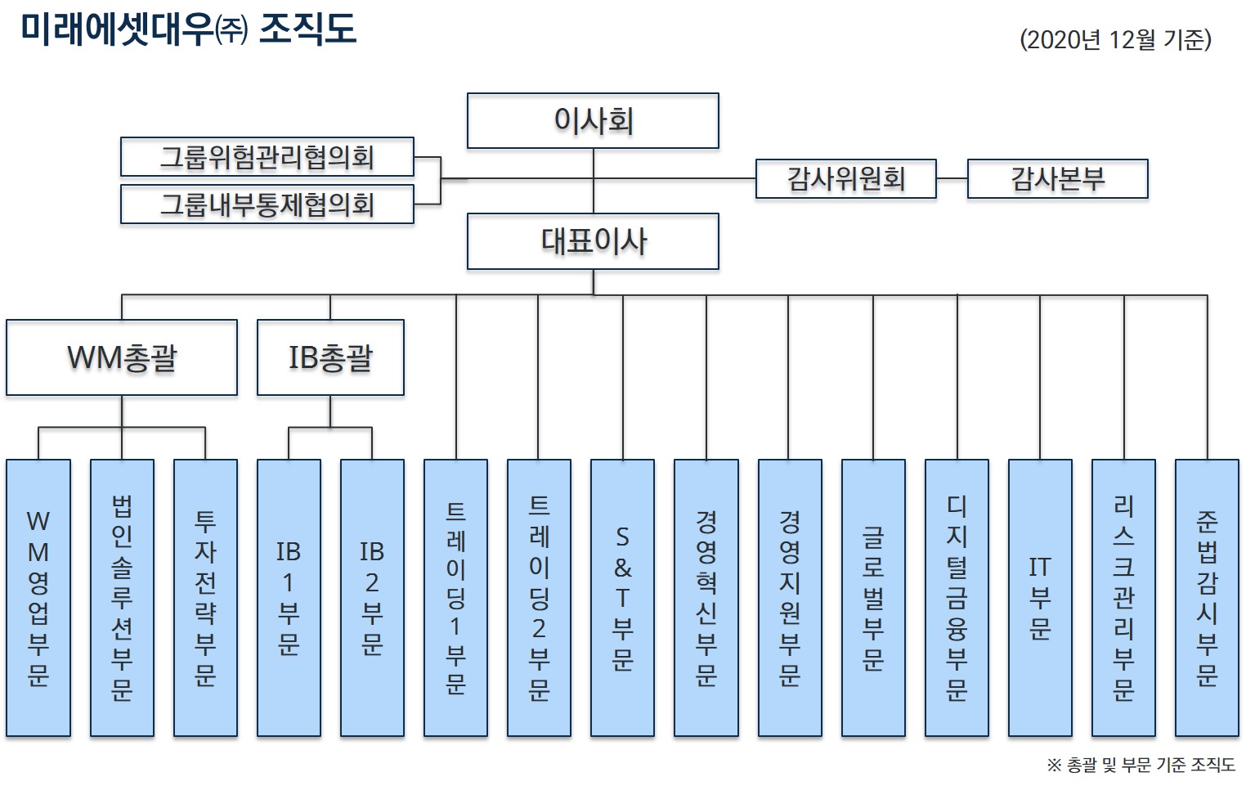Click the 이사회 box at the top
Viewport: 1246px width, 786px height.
pyautogui.click(x=593, y=121)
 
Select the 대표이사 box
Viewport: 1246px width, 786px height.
pyautogui.click(x=593, y=241)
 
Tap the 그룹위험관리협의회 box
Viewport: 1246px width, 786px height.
pyautogui.click(x=267, y=157)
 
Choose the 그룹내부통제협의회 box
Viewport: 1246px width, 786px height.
pyautogui.click(x=267, y=204)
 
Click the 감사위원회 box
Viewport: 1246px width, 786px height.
pyautogui.click(x=845, y=179)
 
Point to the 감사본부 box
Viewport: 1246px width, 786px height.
pyautogui.click(x=1057, y=179)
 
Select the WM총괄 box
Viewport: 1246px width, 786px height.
pyautogui.click(x=122, y=357)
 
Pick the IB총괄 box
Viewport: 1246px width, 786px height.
pyautogui.click(x=330, y=357)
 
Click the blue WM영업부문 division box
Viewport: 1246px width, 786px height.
pyautogui.click(x=38, y=598)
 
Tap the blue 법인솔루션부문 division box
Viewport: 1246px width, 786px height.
pyautogui.click(x=122, y=598)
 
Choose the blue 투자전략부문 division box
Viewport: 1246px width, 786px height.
pyautogui.click(x=205, y=598)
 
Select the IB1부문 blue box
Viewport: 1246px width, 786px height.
pyautogui.click(x=289, y=598)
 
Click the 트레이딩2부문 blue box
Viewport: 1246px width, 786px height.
pyautogui.click(x=539, y=598)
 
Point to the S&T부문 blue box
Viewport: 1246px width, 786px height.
pyautogui.click(x=622, y=598)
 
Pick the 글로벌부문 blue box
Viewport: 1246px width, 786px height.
pyautogui.click(x=873, y=598)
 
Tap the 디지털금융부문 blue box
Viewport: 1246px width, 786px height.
pyautogui.click(x=957, y=598)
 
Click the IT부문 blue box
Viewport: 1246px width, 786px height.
pyautogui.click(x=1040, y=598)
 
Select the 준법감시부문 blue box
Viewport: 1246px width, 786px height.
pyautogui.click(x=1207, y=598)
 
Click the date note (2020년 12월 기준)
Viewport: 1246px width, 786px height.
pyautogui.click(x=1115, y=39)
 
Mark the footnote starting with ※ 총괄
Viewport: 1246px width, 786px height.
pyautogui.click(x=1141, y=765)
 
